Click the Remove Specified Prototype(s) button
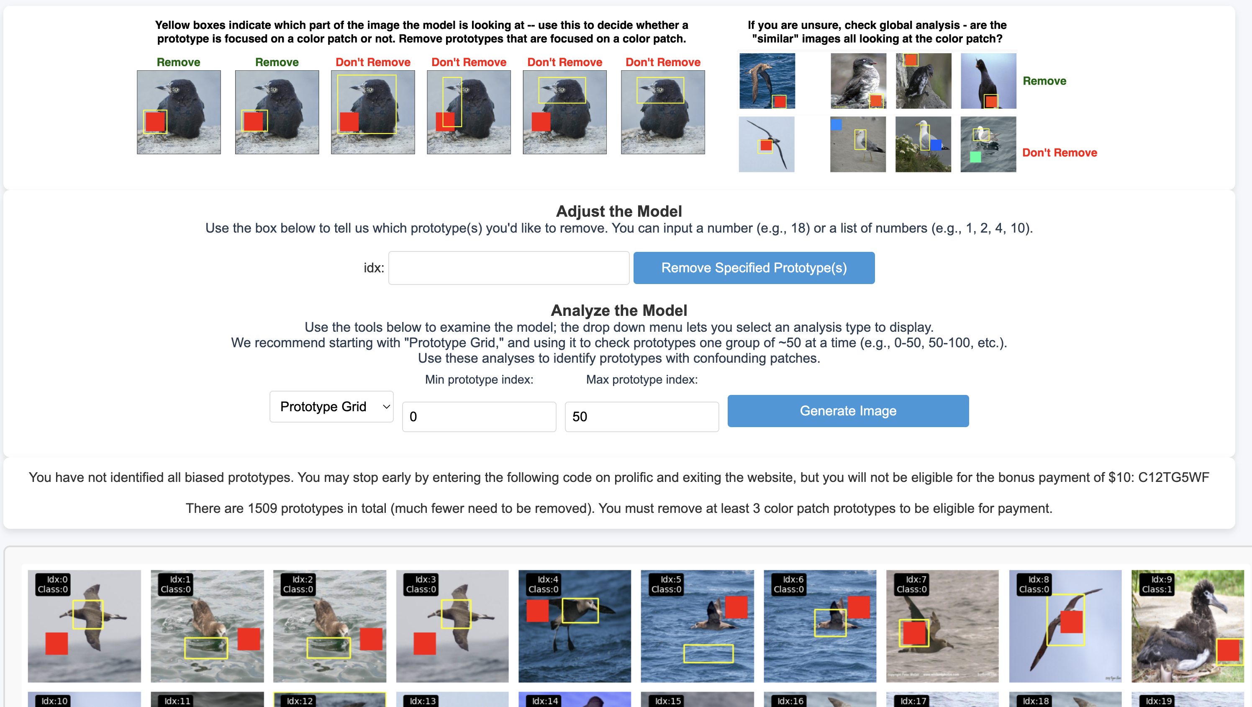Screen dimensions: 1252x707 click(x=754, y=268)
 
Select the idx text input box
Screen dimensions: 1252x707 click(x=509, y=268)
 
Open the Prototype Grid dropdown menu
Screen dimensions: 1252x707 click(x=331, y=407)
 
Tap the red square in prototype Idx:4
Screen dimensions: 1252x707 click(x=538, y=611)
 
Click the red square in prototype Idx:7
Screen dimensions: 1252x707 click(x=914, y=633)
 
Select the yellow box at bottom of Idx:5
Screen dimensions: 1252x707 click(x=708, y=653)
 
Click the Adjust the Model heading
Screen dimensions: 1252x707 click(x=619, y=211)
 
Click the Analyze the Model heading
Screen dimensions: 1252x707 click(x=619, y=310)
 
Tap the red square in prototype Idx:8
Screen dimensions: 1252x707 click(x=1071, y=622)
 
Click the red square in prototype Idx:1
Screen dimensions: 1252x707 click(x=249, y=639)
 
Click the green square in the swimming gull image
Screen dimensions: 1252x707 click(x=975, y=157)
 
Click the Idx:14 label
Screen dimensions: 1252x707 click(x=545, y=701)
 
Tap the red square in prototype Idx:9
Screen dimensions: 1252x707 click(x=1228, y=650)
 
